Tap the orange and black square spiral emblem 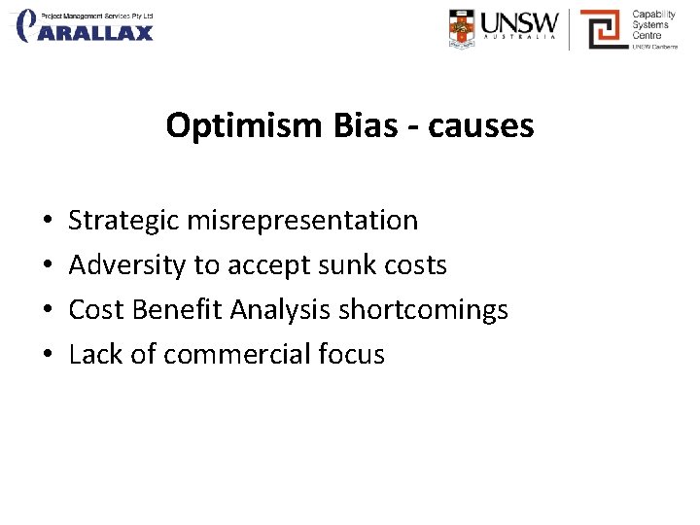tap(602, 28)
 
